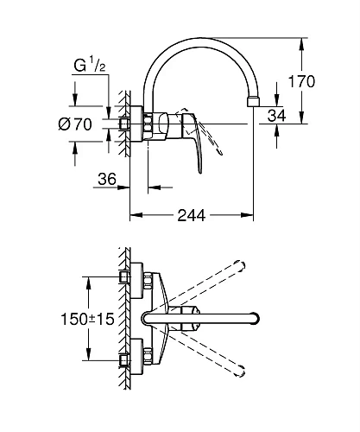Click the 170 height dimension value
(301, 81)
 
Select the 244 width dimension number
(192, 215)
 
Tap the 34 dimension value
(276, 116)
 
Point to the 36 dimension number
(107, 179)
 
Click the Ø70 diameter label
(75, 124)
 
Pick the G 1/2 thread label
(90, 66)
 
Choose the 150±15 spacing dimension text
(87, 319)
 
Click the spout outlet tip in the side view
(253, 102)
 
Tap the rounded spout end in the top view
(255, 319)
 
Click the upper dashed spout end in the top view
(240, 265)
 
